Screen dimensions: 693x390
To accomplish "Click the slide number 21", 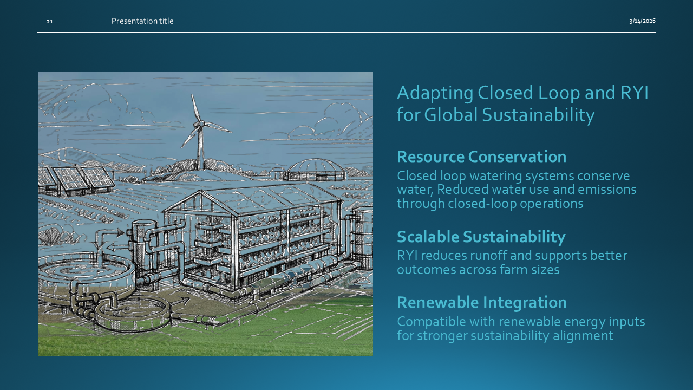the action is pos(49,21).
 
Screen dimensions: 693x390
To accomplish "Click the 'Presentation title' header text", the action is pos(142,21).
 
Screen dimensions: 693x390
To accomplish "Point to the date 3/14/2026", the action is pos(642,21).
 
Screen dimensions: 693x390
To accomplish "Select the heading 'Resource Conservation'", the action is pos(481,157).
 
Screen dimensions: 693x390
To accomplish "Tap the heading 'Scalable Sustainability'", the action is pos(481,237).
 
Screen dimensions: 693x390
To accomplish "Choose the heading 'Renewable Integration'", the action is pos(482,302).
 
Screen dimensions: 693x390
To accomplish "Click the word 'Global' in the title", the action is pos(451,114).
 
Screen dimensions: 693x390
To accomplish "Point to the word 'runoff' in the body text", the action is pos(488,256).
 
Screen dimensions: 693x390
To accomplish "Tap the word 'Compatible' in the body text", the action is pos(431,322).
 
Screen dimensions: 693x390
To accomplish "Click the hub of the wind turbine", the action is pos(201,124).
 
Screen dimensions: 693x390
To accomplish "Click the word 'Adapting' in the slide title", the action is pos(435,93).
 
